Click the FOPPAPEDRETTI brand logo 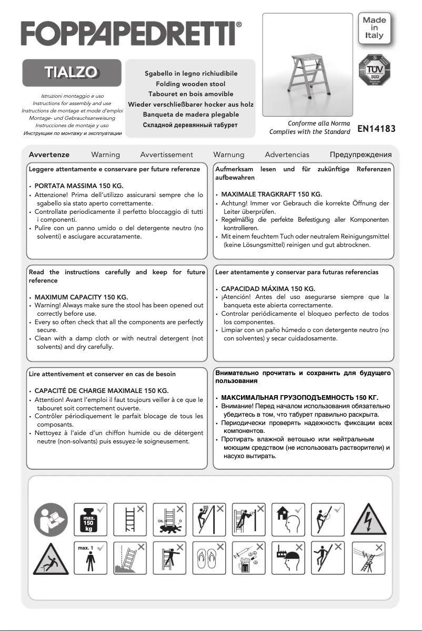point(132,34)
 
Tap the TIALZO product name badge point(72,73)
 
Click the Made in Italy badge point(375,28)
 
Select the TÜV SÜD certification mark point(375,72)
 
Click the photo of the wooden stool point(307,64)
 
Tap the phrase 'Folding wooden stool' point(190,84)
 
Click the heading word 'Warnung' point(228,154)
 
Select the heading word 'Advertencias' point(287,154)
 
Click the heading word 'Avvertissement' point(166,154)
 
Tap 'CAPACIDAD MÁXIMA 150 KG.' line point(268,289)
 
